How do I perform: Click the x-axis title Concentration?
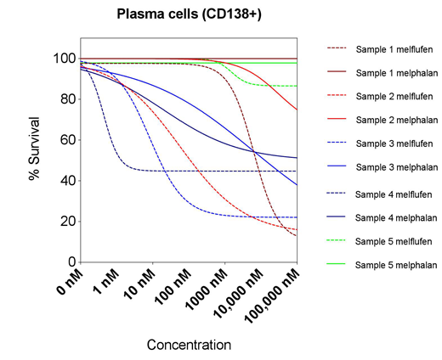[189, 345]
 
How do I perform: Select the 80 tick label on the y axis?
[64, 99]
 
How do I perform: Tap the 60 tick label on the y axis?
[64, 140]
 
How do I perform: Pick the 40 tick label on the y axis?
[64, 181]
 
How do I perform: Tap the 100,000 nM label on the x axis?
[271, 295]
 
